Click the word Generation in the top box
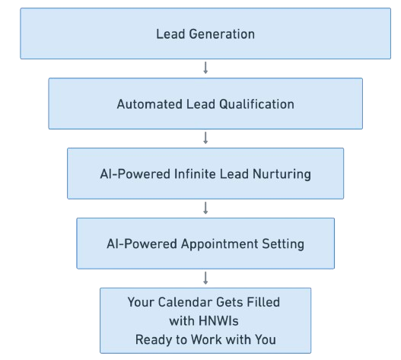[221, 34]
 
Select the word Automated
[150, 104]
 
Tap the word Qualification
[256, 104]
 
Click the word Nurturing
[282, 175]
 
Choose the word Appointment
[220, 244]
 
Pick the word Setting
[283, 244]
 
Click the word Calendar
[185, 302]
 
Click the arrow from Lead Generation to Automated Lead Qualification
[205, 68]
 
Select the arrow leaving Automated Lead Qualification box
[205, 138]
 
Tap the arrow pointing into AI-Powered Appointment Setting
[205, 208]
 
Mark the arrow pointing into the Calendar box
[205, 278]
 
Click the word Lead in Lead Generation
[170, 34]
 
